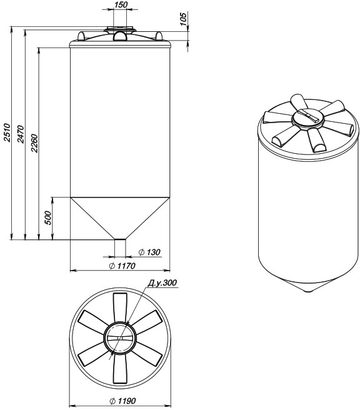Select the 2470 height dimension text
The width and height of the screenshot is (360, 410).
click(21, 134)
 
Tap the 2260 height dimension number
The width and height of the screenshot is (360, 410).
click(34, 142)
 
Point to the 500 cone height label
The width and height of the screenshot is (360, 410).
click(48, 217)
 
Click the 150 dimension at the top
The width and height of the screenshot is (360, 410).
click(121, 4)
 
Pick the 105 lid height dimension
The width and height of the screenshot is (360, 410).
click(183, 19)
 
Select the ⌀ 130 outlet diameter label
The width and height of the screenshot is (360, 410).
click(149, 252)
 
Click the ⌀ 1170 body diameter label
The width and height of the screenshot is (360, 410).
click(122, 266)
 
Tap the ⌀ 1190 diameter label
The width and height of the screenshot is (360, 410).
click(122, 401)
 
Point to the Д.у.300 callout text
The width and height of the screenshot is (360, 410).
click(162, 283)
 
